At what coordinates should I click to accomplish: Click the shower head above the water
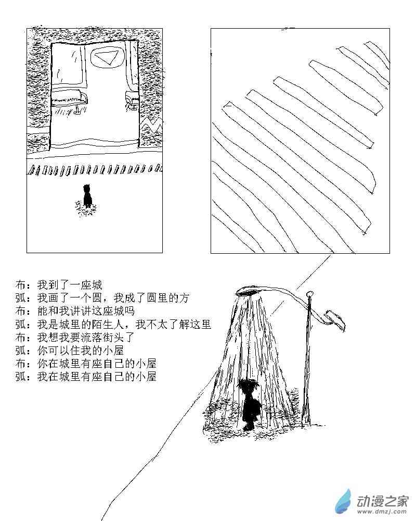pyautogui.click(x=248, y=292)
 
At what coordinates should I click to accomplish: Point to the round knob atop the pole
pyautogui.click(x=309, y=294)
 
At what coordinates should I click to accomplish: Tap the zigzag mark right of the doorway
pyautogui.click(x=151, y=126)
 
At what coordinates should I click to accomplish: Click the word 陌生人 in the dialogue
pyautogui.click(x=108, y=324)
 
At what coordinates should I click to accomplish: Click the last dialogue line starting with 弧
pyautogui.click(x=86, y=377)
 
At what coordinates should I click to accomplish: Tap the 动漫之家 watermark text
pyautogui.click(x=382, y=501)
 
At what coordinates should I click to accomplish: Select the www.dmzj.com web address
pyautogui.click(x=382, y=511)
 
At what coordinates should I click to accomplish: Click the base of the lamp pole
pyautogui.click(x=306, y=420)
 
